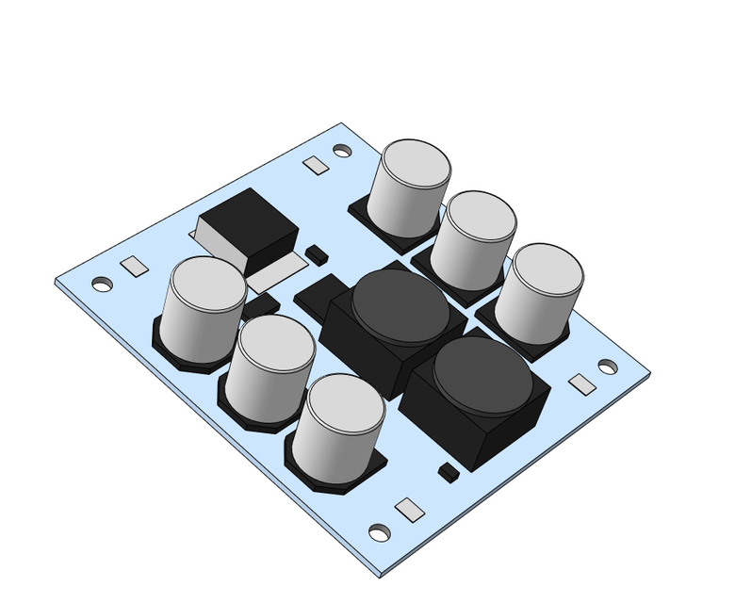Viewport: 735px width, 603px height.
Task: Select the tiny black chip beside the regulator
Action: coord(317,253)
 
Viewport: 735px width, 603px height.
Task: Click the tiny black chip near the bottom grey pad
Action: coord(449,471)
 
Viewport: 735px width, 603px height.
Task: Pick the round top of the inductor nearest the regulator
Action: coord(400,307)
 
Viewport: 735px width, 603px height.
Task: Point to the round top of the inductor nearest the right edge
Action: coord(482,374)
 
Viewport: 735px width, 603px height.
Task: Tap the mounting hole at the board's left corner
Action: coord(102,284)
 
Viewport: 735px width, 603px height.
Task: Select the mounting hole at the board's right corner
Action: coord(608,367)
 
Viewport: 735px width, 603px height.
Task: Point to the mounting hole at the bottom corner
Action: coord(380,533)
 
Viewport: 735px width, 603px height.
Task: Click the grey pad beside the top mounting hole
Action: coord(316,166)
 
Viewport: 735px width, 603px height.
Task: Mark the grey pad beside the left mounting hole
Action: coord(135,267)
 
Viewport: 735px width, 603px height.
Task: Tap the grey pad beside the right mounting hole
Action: coord(582,384)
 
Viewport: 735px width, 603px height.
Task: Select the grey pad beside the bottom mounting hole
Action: coord(410,510)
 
